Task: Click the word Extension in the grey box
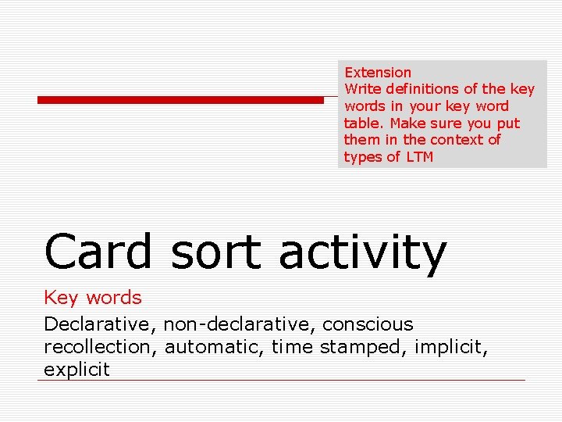point(378,72)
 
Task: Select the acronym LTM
point(419,157)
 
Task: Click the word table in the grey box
point(364,123)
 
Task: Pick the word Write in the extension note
point(361,89)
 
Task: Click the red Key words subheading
point(93,298)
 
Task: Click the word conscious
point(368,324)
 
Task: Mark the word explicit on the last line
point(76,370)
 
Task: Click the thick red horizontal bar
point(180,100)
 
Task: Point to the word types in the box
point(361,157)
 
